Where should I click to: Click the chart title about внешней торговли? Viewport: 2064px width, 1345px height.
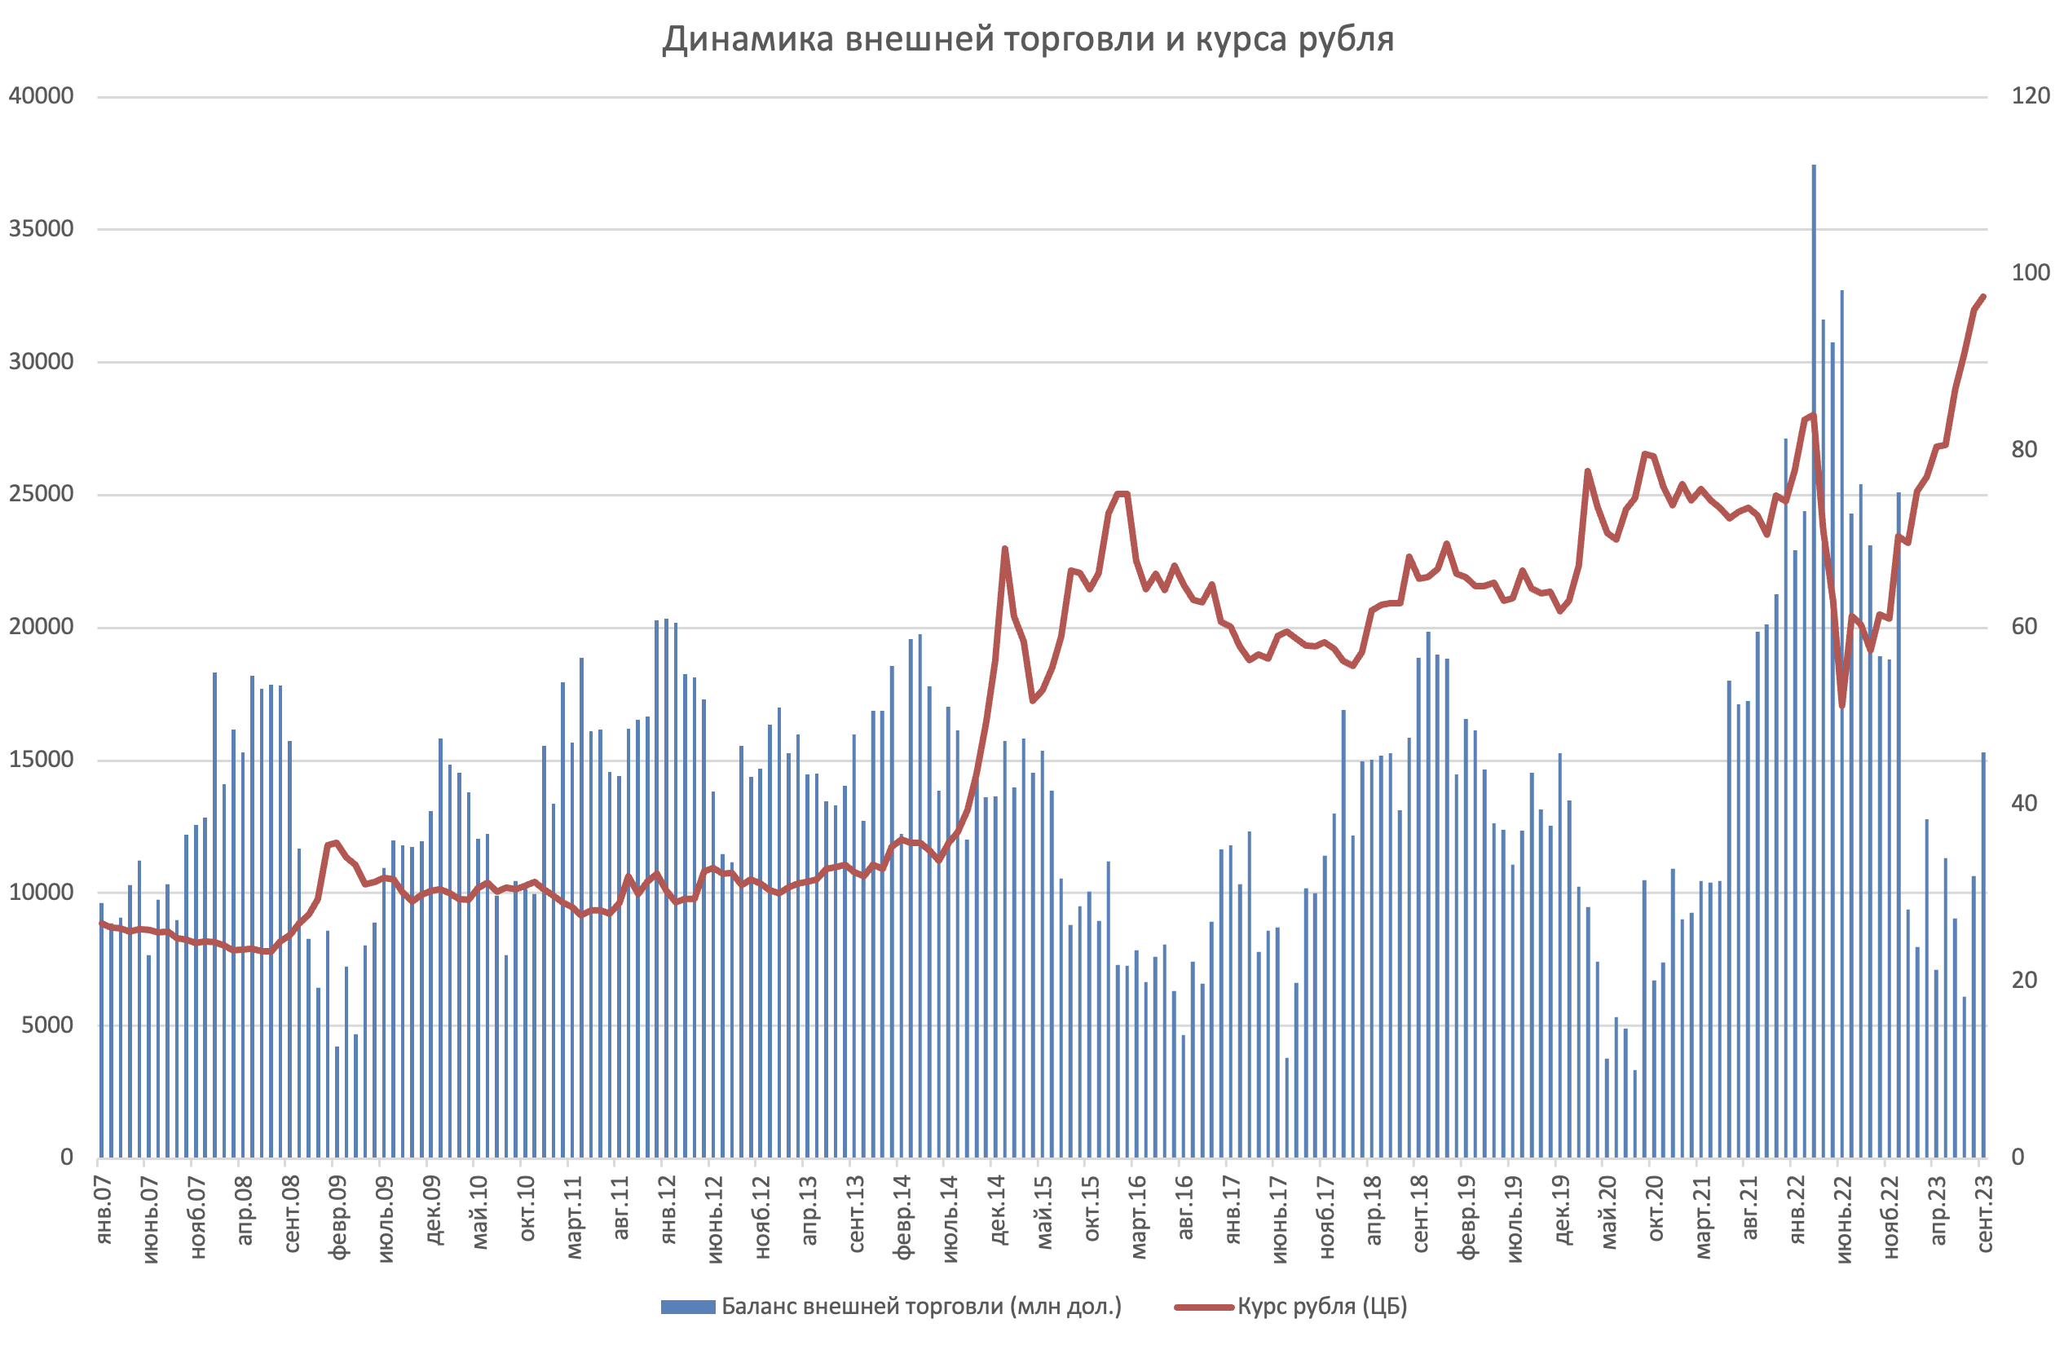pos(1028,40)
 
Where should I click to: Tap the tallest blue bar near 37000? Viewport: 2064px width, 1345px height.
pos(1814,607)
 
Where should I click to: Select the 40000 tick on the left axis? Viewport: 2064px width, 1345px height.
pos(42,96)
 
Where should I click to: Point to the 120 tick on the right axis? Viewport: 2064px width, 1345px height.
pos(2031,96)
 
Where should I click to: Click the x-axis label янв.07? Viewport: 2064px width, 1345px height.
pos(104,1210)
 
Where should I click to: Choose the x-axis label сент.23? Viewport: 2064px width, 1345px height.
pos(1984,1214)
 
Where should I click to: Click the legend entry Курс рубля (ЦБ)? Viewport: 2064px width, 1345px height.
pos(1321,1306)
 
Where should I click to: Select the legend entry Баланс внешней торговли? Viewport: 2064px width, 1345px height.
pos(921,1306)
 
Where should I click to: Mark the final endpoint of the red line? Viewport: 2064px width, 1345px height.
pos(1983,297)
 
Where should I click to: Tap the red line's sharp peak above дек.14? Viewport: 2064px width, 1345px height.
pos(1004,549)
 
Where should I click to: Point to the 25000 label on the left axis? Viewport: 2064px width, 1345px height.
pos(42,494)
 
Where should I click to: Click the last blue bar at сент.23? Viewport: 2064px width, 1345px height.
pos(1983,954)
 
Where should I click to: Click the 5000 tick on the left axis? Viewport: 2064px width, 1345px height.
pos(48,1025)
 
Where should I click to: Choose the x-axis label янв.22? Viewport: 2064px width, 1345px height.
pos(1796,1210)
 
